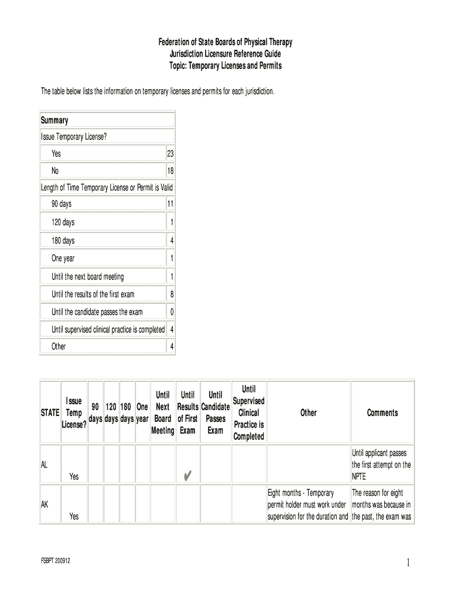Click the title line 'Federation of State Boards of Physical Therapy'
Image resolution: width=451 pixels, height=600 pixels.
[x=225, y=42]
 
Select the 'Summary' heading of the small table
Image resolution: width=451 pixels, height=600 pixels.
[x=54, y=120]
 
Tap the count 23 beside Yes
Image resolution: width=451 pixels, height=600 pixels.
[x=170, y=154]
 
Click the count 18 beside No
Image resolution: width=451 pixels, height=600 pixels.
[x=170, y=171]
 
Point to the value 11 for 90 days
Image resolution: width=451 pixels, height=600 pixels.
[x=170, y=204]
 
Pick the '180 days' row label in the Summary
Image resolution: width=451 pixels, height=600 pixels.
[x=63, y=241]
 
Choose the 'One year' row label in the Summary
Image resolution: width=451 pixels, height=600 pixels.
[x=63, y=258]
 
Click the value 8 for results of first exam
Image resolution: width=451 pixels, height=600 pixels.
[x=172, y=294]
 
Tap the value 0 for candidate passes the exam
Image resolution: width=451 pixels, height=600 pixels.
[x=172, y=312]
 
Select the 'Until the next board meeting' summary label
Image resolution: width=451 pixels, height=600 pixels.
[x=88, y=277]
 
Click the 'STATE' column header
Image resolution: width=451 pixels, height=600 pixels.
[x=50, y=412]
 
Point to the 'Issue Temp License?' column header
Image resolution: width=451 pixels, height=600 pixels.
[x=74, y=412]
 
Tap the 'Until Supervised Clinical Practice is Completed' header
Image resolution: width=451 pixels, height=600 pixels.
[x=248, y=412]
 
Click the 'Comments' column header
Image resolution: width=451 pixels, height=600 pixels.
[x=382, y=412]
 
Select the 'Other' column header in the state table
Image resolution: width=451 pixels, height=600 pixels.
[x=308, y=412]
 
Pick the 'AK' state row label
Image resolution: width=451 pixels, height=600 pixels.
[x=45, y=503]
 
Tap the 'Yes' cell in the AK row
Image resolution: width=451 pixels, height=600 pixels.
[x=74, y=516]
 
